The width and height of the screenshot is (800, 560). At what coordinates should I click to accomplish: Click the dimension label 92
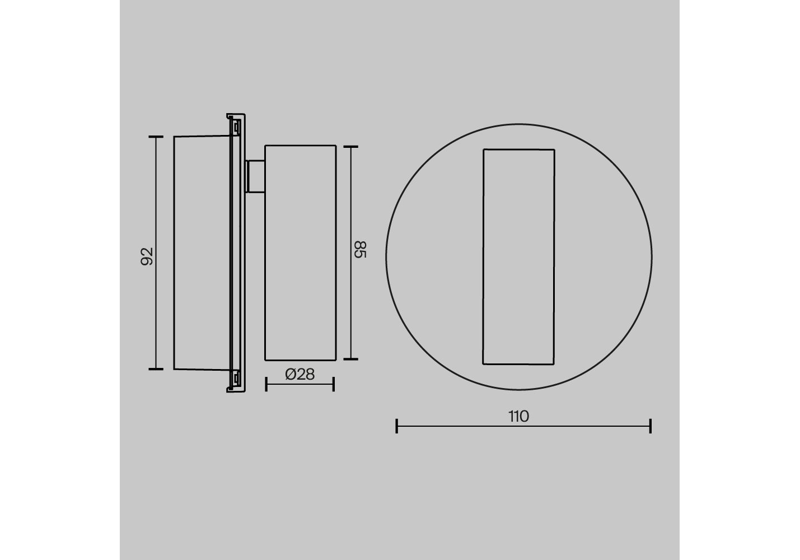147,256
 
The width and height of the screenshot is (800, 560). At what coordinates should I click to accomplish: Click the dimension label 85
361,249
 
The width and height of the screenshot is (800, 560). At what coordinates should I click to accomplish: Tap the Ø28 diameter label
300,374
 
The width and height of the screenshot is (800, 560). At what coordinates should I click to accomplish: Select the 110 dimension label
518,417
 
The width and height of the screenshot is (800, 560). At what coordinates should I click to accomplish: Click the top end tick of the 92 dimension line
156,137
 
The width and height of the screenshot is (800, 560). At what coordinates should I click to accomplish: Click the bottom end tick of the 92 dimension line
156,369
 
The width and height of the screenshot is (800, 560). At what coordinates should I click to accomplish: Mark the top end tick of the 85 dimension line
350,146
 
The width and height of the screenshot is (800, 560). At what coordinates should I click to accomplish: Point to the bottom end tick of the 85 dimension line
350,359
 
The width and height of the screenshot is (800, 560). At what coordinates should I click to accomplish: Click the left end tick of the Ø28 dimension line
266,384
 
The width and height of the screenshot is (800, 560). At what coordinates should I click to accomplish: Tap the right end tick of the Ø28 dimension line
334,384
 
